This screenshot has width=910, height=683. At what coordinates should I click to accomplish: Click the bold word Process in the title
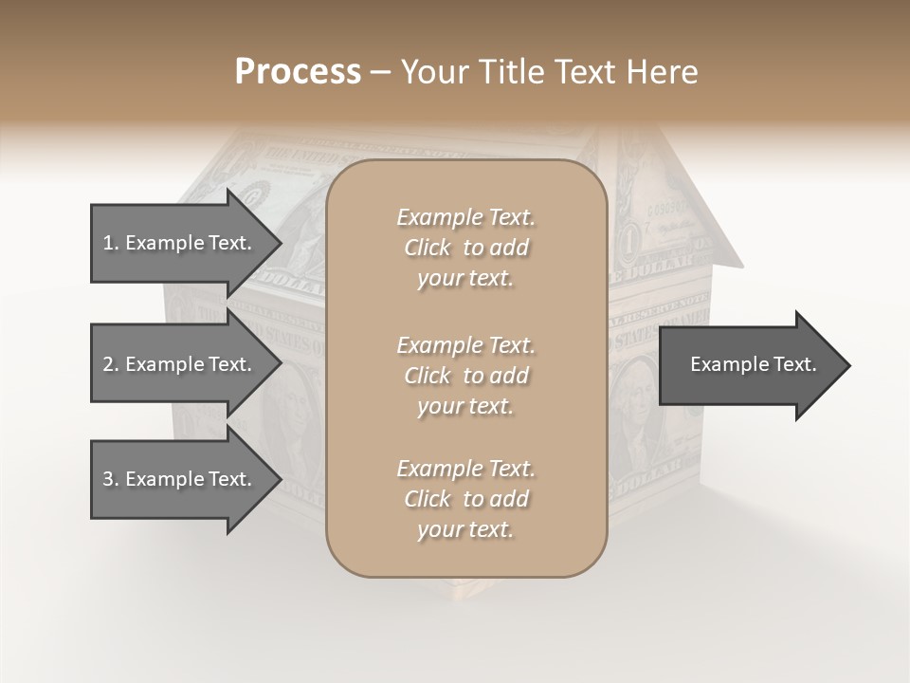(298, 72)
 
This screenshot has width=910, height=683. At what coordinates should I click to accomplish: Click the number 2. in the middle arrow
(111, 364)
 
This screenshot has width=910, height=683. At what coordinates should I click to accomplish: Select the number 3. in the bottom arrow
(111, 479)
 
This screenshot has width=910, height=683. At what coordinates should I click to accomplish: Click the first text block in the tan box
(465, 248)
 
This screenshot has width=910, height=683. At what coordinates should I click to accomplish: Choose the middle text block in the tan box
(465, 375)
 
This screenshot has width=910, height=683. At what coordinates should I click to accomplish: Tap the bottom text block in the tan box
(465, 499)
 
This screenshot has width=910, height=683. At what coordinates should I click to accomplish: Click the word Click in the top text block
(428, 248)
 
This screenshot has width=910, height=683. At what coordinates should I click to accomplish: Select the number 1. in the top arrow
(111, 243)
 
